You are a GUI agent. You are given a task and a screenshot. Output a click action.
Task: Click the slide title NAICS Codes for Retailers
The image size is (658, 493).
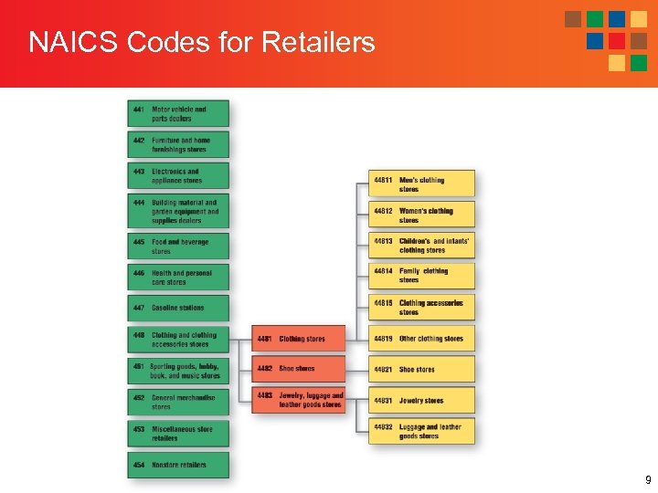[x=201, y=42]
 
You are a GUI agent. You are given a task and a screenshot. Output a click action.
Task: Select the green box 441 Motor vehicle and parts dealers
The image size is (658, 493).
[x=178, y=113]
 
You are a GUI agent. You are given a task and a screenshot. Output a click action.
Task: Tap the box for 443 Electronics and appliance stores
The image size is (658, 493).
[x=178, y=175]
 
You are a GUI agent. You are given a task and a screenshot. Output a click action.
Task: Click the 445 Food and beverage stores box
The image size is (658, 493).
[x=178, y=246]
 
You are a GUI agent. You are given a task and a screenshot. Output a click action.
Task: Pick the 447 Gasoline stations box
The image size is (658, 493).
[x=178, y=308]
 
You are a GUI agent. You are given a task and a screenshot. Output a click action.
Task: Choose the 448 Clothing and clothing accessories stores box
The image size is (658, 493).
[x=178, y=340]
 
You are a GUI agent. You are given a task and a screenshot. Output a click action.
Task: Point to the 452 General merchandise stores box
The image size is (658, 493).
[x=178, y=402]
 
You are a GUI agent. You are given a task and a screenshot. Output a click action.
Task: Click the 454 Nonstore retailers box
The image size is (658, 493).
[x=178, y=465]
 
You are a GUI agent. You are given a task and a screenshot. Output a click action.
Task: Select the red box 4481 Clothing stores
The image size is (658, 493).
[x=299, y=339]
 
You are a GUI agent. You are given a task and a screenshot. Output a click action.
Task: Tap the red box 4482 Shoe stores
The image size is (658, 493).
[x=299, y=369]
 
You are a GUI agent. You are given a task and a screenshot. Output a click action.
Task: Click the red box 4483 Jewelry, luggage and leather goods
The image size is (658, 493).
[x=299, y=400]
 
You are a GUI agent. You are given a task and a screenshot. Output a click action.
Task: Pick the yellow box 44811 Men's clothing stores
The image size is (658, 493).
[x=421, y=184]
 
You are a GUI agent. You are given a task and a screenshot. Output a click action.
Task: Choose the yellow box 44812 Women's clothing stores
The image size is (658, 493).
[x=421, y=215]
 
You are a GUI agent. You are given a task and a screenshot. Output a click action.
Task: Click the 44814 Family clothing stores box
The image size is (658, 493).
[x=421, y=275]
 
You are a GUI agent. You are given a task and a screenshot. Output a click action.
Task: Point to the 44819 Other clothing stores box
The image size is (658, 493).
[x=421, y=339]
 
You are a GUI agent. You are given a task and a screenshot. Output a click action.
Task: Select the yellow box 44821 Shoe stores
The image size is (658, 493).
[x=421, y=370]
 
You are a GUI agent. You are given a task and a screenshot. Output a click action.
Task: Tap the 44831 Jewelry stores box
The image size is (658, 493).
[x=421, y=400]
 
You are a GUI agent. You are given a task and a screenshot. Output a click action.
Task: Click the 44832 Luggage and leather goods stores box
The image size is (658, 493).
[x=421, y=431]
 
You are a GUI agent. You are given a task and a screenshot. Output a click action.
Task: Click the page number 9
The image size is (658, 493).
[x=648, y=480]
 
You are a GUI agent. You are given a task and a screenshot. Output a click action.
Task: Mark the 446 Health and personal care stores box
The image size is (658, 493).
[x=178, y=277]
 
